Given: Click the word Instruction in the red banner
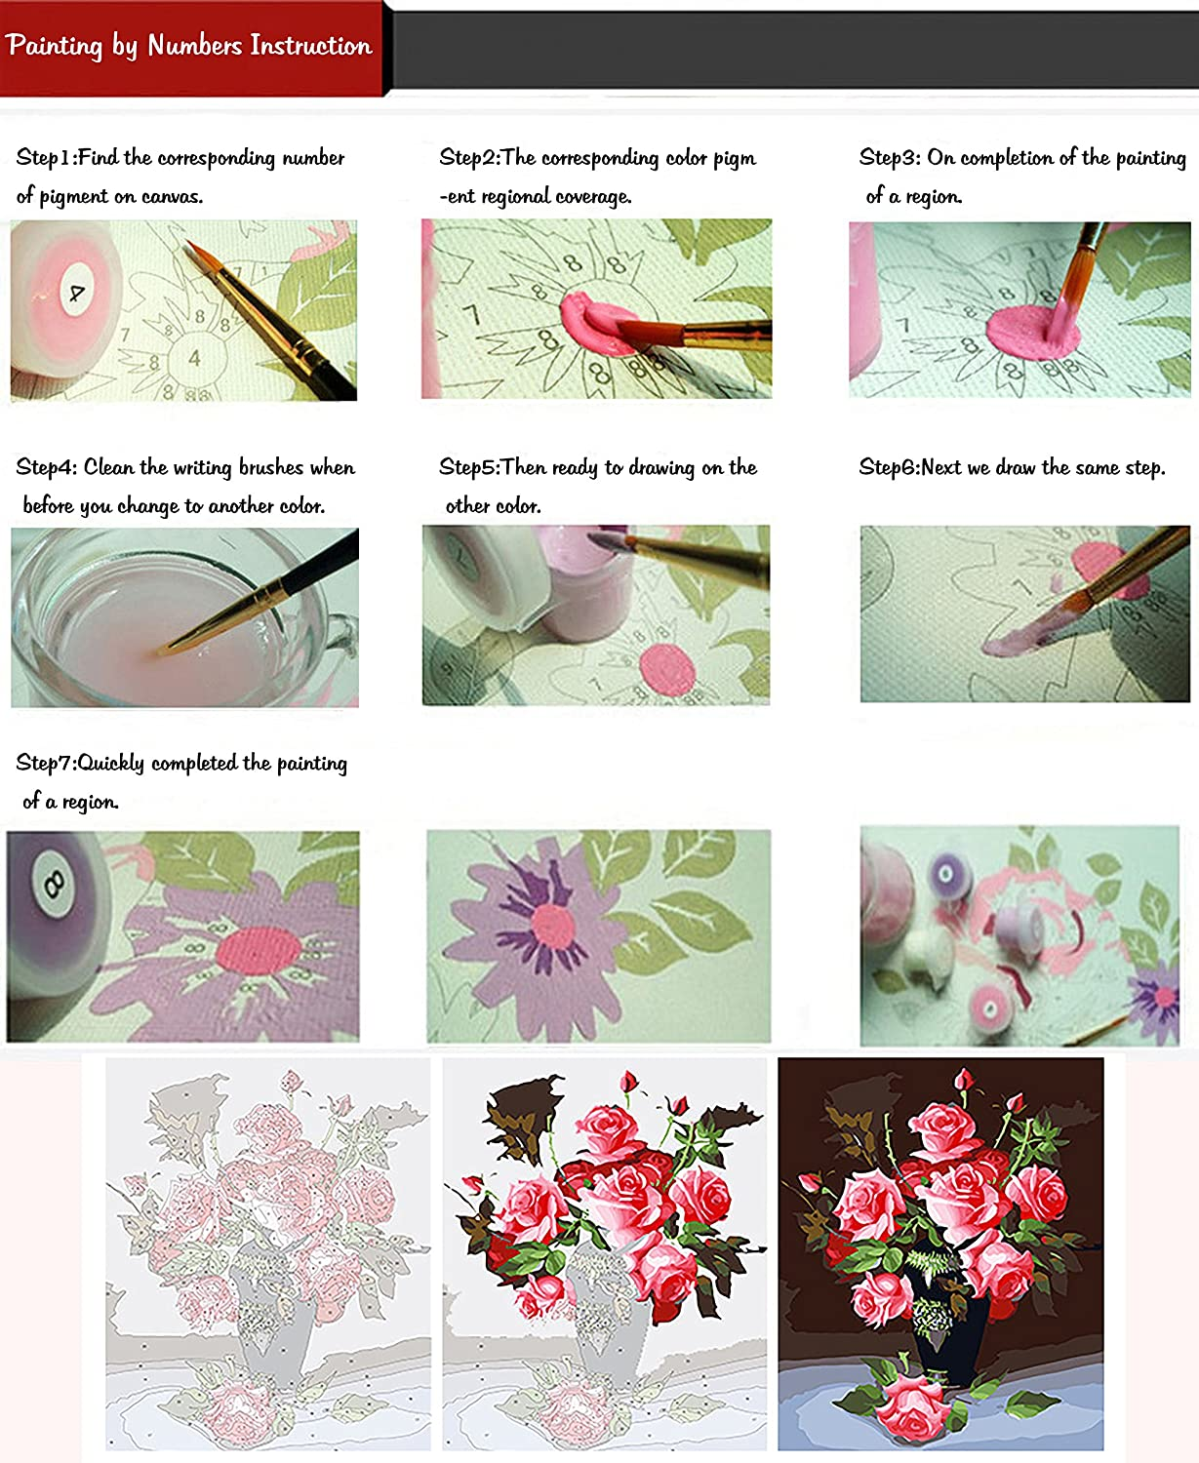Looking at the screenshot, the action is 311,46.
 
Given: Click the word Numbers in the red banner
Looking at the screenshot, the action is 195,46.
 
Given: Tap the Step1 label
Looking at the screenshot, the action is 45,158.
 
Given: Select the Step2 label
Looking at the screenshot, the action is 468,158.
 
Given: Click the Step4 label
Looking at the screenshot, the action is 46,467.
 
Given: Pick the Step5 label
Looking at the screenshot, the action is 468,467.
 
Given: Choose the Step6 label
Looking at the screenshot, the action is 889,467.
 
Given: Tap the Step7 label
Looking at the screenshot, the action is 45,763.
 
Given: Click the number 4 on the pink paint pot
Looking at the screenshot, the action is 76,293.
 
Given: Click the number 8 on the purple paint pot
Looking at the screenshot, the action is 54,884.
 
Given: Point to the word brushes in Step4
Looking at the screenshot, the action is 271,467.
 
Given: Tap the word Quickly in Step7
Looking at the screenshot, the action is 111,763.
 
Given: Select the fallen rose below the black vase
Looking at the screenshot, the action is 912,1404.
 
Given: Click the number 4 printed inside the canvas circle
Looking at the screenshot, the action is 195,358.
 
